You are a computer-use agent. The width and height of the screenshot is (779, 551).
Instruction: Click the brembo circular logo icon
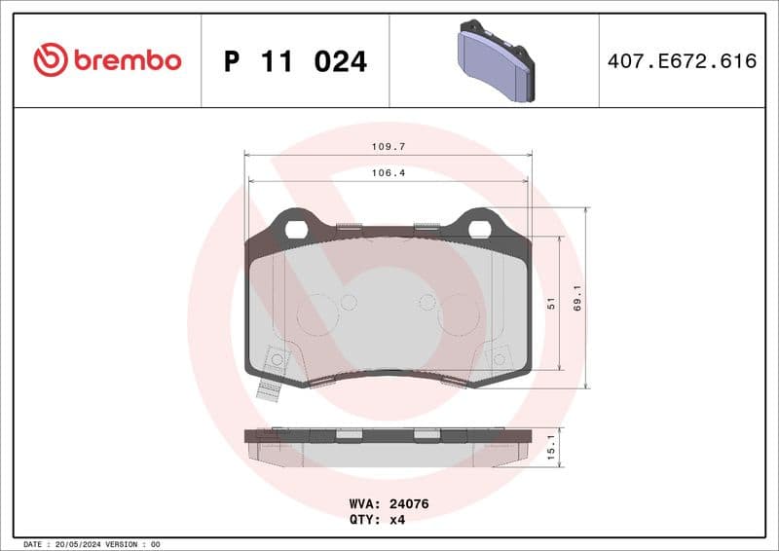pyautogui.click(x=51, y=60)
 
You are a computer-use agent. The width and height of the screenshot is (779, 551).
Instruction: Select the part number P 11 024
pyautogui.click(x=295, y=61)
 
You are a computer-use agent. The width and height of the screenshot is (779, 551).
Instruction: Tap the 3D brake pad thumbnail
pyautogui.click(x=495, y=61)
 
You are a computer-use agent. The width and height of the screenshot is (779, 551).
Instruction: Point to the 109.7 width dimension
pyautogui.click(x=388, y=146)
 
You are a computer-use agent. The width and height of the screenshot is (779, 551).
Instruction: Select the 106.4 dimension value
pyautogui.click(x=388, y=172)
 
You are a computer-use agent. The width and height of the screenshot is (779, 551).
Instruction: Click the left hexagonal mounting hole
pyautogui.click(x=296, y=230)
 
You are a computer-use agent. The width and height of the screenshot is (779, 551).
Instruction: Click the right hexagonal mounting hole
pyautogui.click(x=479, y=230)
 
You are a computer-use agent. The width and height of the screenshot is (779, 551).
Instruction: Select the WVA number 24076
pyautogui.click(x=409, y=504)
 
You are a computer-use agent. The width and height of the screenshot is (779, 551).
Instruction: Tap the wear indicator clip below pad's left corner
pyautogui.click(x=268, y=388)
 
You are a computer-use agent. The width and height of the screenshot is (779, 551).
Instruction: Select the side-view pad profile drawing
pyautogui.click(x=388, y=444)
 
